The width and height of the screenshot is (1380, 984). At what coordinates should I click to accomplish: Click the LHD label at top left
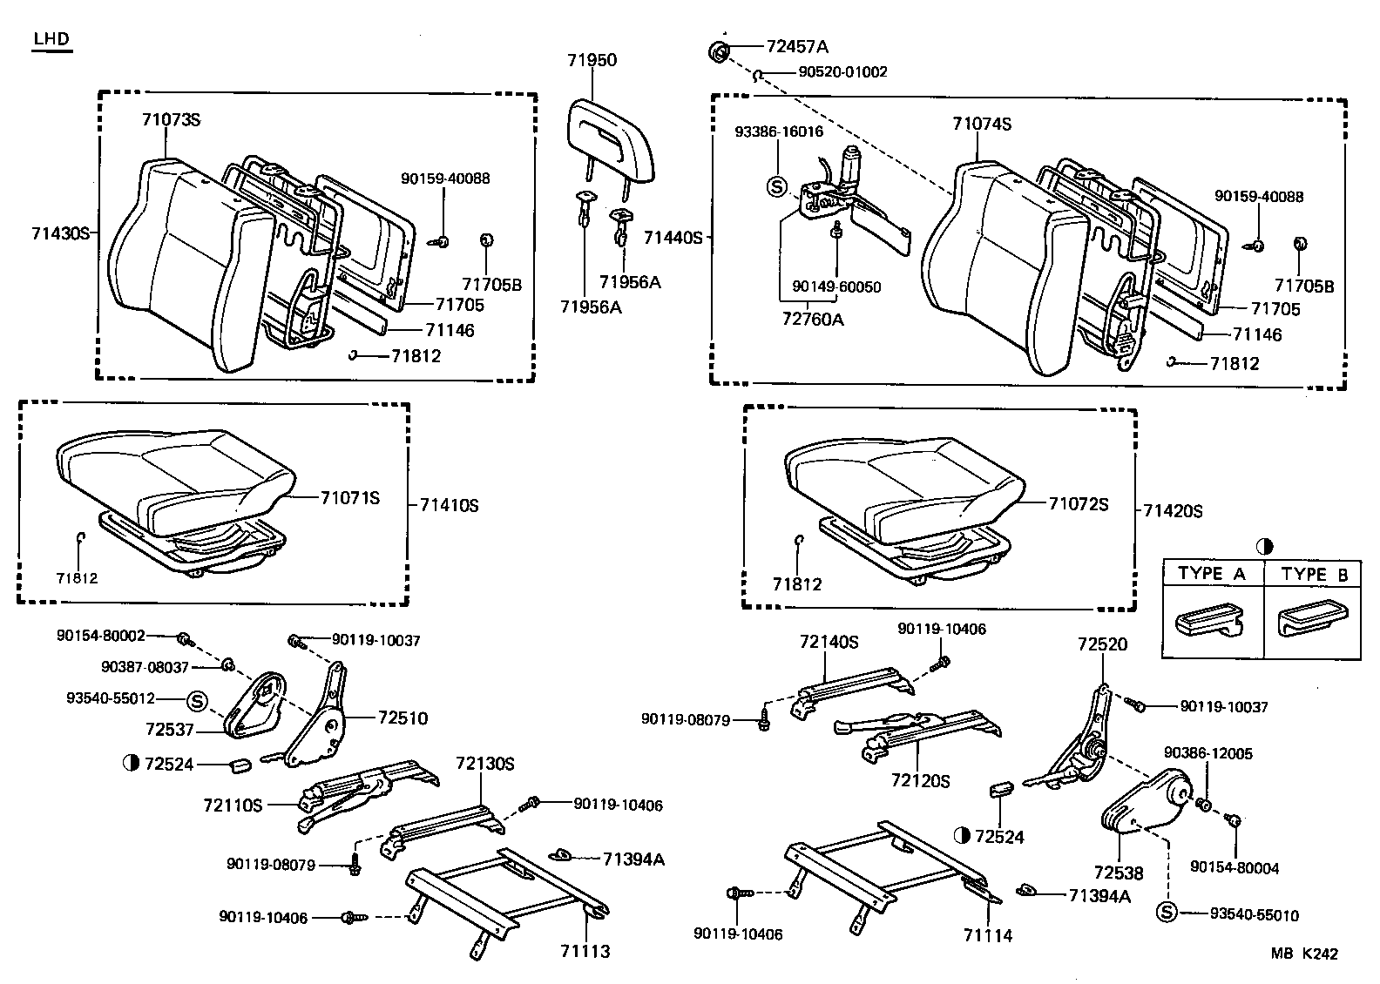click(x=51, y=39)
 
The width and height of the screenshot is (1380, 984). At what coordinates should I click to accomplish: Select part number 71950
click(x=592, y=60)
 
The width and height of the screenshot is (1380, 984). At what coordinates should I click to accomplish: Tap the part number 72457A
click(x=797, y=46)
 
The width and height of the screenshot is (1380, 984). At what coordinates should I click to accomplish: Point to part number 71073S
click(x=171, y=119)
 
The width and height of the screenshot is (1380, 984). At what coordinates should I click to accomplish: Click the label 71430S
click(x=60, y=233)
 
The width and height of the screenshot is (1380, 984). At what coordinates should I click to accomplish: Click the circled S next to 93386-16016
click(x=776, y=186)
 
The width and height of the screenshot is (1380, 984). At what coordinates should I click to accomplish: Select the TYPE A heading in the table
click(x=1212, y=574)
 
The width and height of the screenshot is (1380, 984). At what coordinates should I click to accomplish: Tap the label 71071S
click(x=350, y=498)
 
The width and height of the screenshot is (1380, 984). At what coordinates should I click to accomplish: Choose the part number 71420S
click(x=1173, y=511)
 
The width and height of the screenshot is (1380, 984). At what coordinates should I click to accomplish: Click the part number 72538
click(x=1118, y=873)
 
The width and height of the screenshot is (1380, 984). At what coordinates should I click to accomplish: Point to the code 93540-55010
click(x=1254, y=914)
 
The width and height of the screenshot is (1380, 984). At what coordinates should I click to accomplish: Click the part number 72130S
click(x=485, y=764)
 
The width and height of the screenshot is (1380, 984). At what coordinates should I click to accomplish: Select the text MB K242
click(x=1303, y=954)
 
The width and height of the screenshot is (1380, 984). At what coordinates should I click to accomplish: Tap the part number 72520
click(x=1102, y=644)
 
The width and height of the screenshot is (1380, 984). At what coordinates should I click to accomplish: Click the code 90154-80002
click(x=101, y=637)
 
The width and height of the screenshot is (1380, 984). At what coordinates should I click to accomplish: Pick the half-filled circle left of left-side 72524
click(x=132, y=764)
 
